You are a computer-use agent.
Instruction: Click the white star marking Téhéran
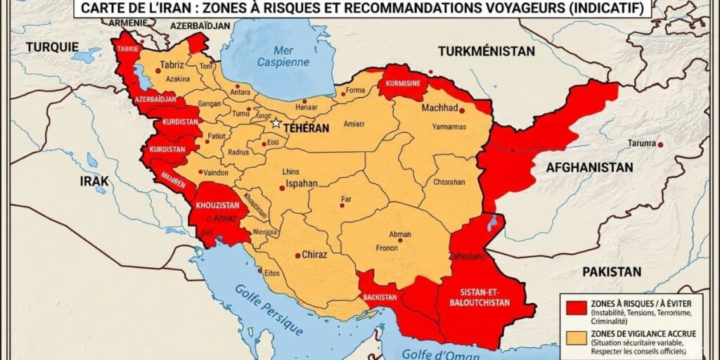pos(276,123)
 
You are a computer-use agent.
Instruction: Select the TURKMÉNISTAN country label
pos(486,51)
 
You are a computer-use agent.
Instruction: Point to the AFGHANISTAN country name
pos(589,167)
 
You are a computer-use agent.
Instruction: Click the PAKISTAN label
pos(611,271)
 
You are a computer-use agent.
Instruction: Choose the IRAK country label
pos(94,181)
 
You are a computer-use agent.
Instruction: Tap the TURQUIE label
pos(52,47)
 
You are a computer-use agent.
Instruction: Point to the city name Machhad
pos(439,108)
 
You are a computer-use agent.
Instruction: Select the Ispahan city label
pos(300,184)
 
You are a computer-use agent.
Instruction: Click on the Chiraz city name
pos(314,255)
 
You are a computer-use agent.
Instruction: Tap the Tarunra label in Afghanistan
pos(641,144)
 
